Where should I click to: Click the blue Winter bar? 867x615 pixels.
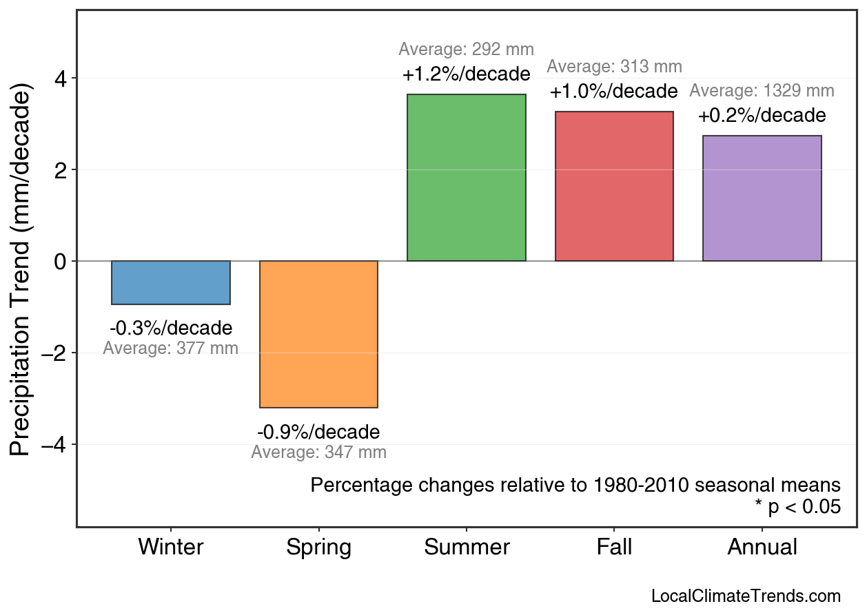(171, 282)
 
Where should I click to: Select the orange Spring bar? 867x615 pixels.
(318, 334)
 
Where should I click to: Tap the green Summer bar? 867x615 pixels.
(467, 178)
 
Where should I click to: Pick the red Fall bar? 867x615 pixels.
(614, 186)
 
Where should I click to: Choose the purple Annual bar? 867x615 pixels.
(762, 198)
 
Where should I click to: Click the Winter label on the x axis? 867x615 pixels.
(171, 548)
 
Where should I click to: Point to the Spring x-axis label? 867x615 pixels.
(318, 548)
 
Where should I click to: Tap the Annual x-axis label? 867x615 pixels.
(762, 548)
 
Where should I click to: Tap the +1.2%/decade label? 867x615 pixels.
(467, 74)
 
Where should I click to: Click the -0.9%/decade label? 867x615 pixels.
(318, 432)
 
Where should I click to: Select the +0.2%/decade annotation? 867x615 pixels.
(762, 115)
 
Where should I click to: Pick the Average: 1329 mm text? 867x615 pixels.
(762, 91)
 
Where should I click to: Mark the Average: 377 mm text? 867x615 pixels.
(171, 348)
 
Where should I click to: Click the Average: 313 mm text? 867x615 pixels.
(614, 67)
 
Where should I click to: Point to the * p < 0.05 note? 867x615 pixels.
(797, 508)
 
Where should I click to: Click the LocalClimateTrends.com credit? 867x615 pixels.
(746, 596)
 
